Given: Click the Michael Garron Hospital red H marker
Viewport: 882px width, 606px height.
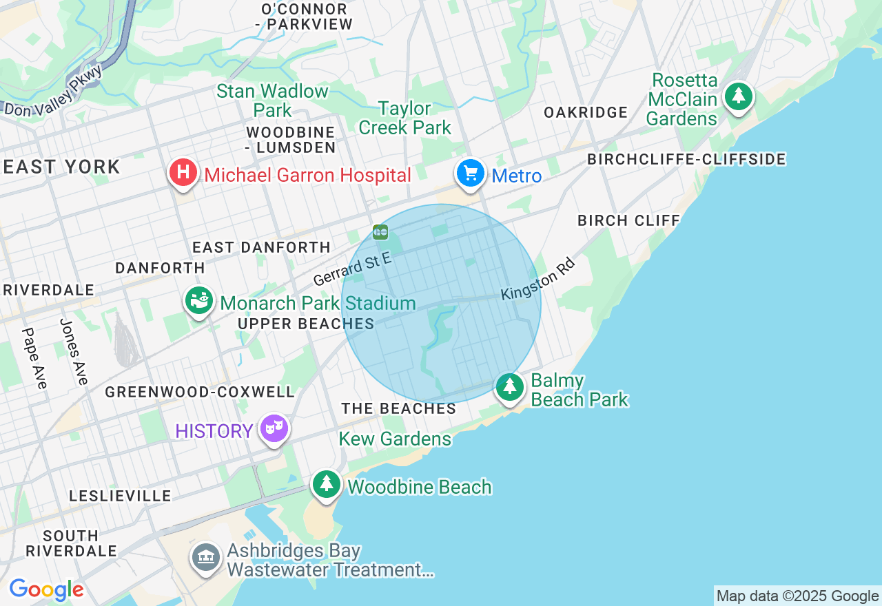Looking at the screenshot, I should [183, 173].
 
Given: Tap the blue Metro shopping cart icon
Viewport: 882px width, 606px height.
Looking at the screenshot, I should [471, 174].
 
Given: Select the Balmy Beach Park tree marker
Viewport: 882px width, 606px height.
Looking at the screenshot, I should [510, 388].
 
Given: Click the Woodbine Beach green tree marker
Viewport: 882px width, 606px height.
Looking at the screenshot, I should [327, 485].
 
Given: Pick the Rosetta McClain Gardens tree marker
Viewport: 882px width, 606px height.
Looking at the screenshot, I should [739, 97].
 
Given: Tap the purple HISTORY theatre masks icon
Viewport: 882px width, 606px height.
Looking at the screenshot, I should [274, 429].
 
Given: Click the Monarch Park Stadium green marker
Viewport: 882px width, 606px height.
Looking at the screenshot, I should [199, 301].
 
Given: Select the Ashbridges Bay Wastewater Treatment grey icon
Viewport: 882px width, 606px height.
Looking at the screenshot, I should [205, 558].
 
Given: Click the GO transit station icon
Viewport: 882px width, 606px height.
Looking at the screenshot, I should [380, 232].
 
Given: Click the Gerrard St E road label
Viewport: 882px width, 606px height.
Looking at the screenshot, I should [352, 269].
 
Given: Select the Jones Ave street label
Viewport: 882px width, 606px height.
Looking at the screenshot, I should [74, 352].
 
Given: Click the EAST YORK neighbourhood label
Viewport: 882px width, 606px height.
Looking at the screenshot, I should [62, 167].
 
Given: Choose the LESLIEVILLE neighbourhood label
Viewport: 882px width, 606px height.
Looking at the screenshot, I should [120, 496].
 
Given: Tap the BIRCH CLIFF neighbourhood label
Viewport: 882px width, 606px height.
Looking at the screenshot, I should [628, 220].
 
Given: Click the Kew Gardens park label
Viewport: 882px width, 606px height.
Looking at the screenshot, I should [395, 439].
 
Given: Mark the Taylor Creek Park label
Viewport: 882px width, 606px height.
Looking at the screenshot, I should [404, 118].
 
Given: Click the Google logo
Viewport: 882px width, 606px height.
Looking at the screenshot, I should [46, 589].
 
